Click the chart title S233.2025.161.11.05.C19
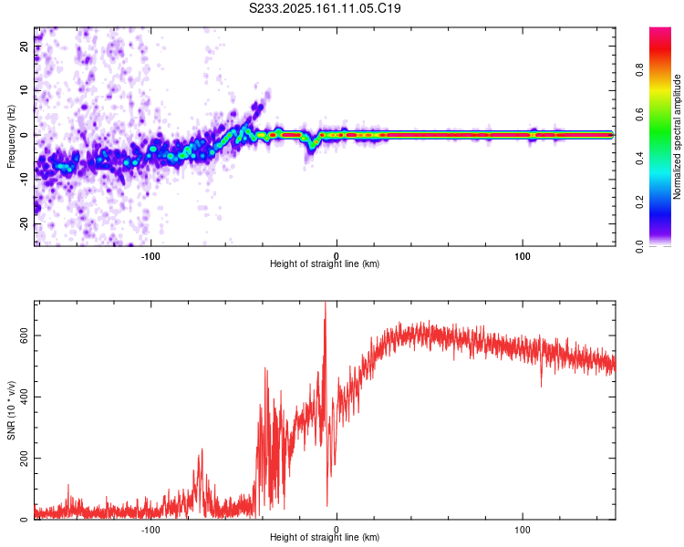pyautogui.click(x=326, y=8)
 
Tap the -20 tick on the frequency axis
pyautogui.click(x=25, y=223)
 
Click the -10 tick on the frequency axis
pyautogui.click(x=25, y=180)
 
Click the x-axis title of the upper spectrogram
pyautogui.click(x=325, y=264)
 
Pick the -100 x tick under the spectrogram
pyautogui.click(x=151, y=254)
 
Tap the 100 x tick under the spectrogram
pyautogui.click(x=523, y=254)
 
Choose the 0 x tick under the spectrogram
pyautogui.click(x=337, y=254)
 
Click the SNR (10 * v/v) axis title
pyautogui.click(x=11, y=410)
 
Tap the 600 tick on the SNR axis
pyautogui.click(x=22, y=335)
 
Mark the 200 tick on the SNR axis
pyautogui.click(x=22, y=458)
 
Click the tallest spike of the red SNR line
pyautogui.click(x=325, y=304)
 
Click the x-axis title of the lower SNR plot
pyautogui.click(x=325, y=538)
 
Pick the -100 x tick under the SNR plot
pyautogui.click(x=151, y=529)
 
